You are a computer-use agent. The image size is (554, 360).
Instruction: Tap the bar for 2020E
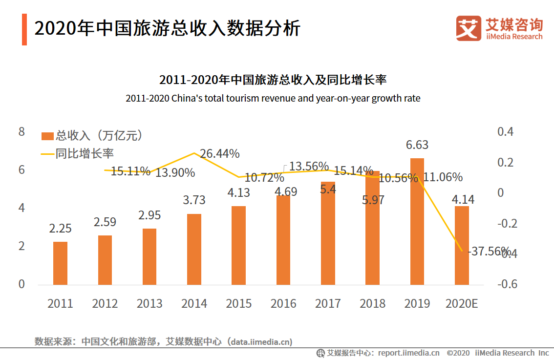(x=462, y=245)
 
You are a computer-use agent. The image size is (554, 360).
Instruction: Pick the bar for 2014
(x=194, y=249)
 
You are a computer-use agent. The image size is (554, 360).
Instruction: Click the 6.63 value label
(x=417, y=145)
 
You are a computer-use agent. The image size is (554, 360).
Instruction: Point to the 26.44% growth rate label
(x=220, y=154)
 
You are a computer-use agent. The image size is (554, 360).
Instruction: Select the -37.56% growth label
(x=489, y=252)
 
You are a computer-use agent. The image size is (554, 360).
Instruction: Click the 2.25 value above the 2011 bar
(x=60, y=228)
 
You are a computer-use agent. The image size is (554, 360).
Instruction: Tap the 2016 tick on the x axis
(x=283, y=304)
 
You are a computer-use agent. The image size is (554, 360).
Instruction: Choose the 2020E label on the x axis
(x=462, y=304)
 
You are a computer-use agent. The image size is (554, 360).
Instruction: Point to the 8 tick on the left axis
(x=21, y=132)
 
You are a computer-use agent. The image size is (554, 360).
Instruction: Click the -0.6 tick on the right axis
(x=507, y=284)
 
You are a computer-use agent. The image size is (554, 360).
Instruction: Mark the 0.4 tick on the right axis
(x=506, y=132)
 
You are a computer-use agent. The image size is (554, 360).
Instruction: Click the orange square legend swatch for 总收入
(x=47, y=136)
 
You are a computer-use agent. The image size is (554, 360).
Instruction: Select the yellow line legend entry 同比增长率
(x=77, y=153)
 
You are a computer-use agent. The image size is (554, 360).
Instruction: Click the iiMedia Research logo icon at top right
(x=468, y=28)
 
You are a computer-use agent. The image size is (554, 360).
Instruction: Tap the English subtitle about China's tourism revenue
(x=273, y=98)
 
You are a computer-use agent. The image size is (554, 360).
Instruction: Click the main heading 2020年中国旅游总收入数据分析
(x=167, y=28)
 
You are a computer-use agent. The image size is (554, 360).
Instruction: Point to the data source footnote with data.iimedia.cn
(x=163, y=341)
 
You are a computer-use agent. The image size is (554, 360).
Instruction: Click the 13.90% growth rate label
(x=175, y=172)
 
